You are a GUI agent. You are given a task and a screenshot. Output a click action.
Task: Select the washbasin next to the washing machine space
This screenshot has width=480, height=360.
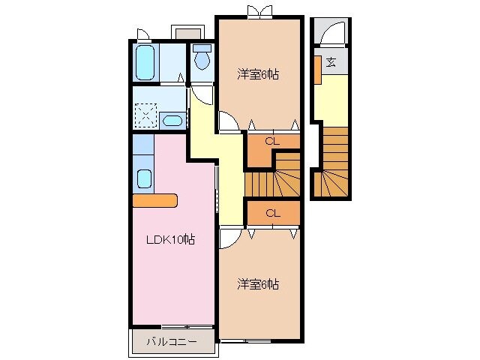[x=173, y=120]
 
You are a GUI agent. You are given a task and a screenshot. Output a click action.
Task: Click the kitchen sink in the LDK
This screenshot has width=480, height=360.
[x=144, y=179]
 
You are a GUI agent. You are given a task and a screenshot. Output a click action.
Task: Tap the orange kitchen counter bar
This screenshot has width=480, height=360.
[x=154, y=200]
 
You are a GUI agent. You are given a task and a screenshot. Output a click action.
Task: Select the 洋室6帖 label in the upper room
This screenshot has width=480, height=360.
[x=259, y=75]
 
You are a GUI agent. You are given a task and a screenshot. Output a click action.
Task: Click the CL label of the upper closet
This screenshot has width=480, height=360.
[x=273, y=140]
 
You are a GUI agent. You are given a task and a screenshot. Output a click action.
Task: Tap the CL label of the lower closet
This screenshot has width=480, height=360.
[x=273, y=213]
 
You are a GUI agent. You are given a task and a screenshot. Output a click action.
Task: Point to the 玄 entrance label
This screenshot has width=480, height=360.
[x=330, y=62]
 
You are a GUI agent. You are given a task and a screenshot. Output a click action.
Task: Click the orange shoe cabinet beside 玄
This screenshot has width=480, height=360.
[x=318, y=69]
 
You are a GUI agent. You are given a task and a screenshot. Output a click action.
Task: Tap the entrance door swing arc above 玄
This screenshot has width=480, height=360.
[x=331, y=35]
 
